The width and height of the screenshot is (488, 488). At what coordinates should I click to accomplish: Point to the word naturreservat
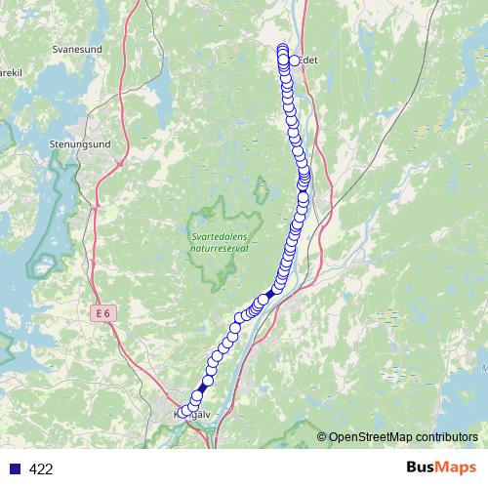pyautogui.click(x=220, y=249)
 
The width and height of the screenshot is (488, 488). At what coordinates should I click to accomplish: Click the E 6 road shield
pyautogui.click(x=103, y=312)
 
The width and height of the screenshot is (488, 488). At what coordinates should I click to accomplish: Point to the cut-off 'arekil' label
pyautogui.click(x=10, y=71)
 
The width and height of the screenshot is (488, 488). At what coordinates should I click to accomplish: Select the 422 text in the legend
pyautogui.click(x=41, y=469)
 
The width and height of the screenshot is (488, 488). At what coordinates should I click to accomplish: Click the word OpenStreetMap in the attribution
pyautogui.click(x=372, y=437)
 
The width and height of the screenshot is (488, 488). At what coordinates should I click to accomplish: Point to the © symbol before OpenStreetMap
pyautogui.click(x=322, y=437)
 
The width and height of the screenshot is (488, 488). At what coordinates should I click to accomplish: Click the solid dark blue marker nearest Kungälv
pyautogui.click(x=203, y=387)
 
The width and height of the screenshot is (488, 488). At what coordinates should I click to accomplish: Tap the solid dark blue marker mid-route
pyautogui.click(x=269, y=292)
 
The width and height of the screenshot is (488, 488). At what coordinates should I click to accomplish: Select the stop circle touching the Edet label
pyautogui.click(x=294, y=61)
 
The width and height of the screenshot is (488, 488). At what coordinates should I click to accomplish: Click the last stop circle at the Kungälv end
pyautogui.click(x=182, y=412)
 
